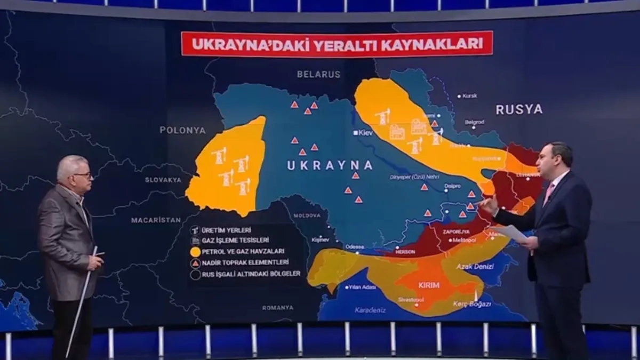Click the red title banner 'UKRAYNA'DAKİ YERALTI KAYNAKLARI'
(337, 44)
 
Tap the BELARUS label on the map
(318, 75)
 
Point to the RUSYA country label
(519, 109)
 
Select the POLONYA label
(182, 130)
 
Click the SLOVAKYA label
(163, 180)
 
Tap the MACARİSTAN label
(156, 220)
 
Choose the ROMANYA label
(277, 308)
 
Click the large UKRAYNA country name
(329, 165)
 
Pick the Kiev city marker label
(365, 133)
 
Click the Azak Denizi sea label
(475, 266)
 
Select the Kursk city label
(469, 96)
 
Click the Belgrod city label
(474, 122)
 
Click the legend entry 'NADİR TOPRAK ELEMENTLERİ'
(245, 262)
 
